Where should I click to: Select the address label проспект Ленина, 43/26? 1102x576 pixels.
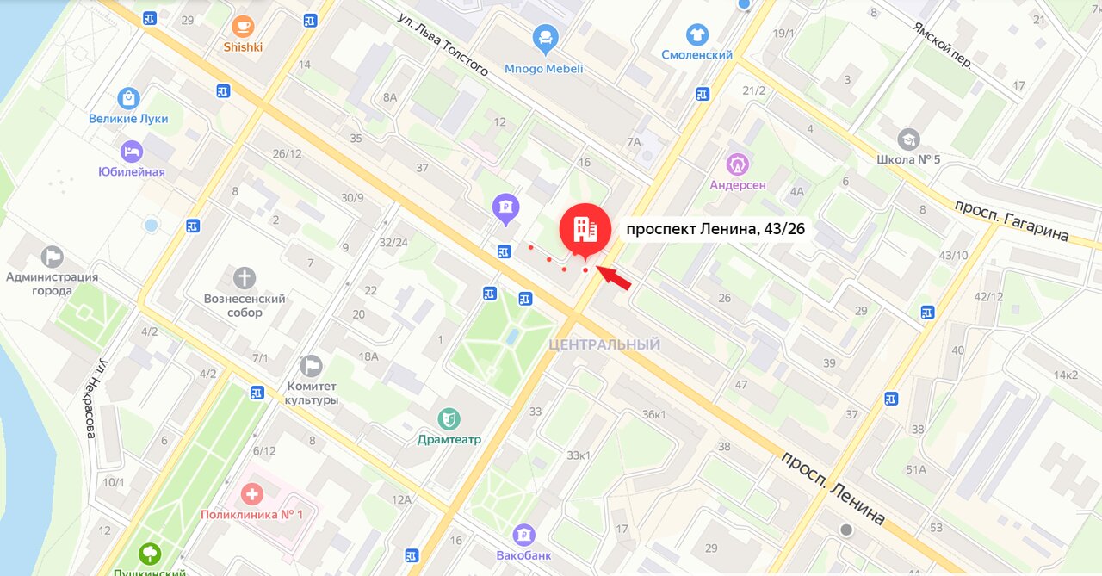tap(715, 229)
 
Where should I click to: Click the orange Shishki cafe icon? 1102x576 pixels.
tap(243, 26)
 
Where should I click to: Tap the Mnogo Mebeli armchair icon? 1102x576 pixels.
tap(545, 37)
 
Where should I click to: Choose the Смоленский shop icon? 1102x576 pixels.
tap(697, 35)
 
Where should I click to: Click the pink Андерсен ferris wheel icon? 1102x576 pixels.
tap(738, 163)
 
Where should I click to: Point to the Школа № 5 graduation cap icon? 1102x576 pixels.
tap(908, 139)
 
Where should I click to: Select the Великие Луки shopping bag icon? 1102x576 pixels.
tap(128, 98)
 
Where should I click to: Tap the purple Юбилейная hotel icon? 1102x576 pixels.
tap(131, 152)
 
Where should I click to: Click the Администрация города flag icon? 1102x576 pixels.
tap(53, 256)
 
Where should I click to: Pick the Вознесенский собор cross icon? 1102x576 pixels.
tap(245, 278)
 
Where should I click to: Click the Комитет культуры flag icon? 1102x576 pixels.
tap(312, 366)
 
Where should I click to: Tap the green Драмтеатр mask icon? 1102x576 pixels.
tap(448, 419)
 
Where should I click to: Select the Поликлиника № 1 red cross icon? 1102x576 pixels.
tap(251, 494)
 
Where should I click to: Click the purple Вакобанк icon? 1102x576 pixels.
tap(523, 535)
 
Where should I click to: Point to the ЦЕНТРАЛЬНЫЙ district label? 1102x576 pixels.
tap(604, 345)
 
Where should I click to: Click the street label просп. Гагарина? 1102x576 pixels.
tap(1011, 220)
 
